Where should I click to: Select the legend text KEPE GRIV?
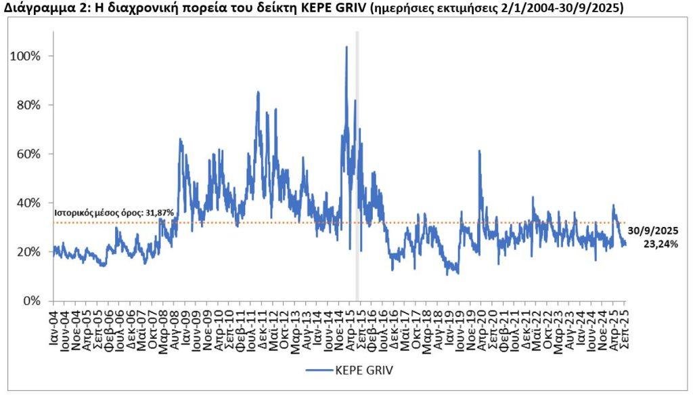pos(363,370)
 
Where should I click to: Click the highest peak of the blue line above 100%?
pos(346,47)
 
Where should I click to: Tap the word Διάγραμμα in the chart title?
pos(33,8)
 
